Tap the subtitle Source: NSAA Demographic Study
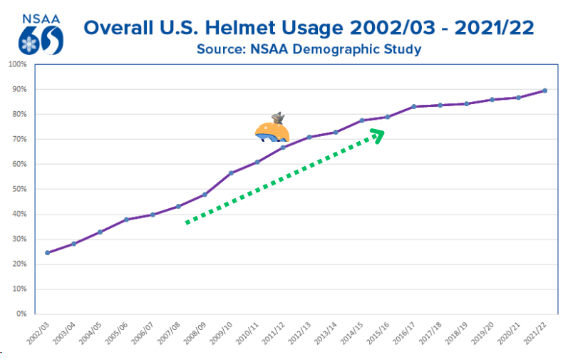[x=309, y=49]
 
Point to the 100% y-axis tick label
[x=17, y=64]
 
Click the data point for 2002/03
[x=48, y=252]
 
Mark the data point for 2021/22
[x=545, y=91]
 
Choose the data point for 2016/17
[x=414, y=107]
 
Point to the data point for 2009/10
[x=231, y=173]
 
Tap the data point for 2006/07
[x=153, y=215]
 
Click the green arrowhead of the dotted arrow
[x=378, y=135]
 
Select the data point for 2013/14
[x=336, y=132]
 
